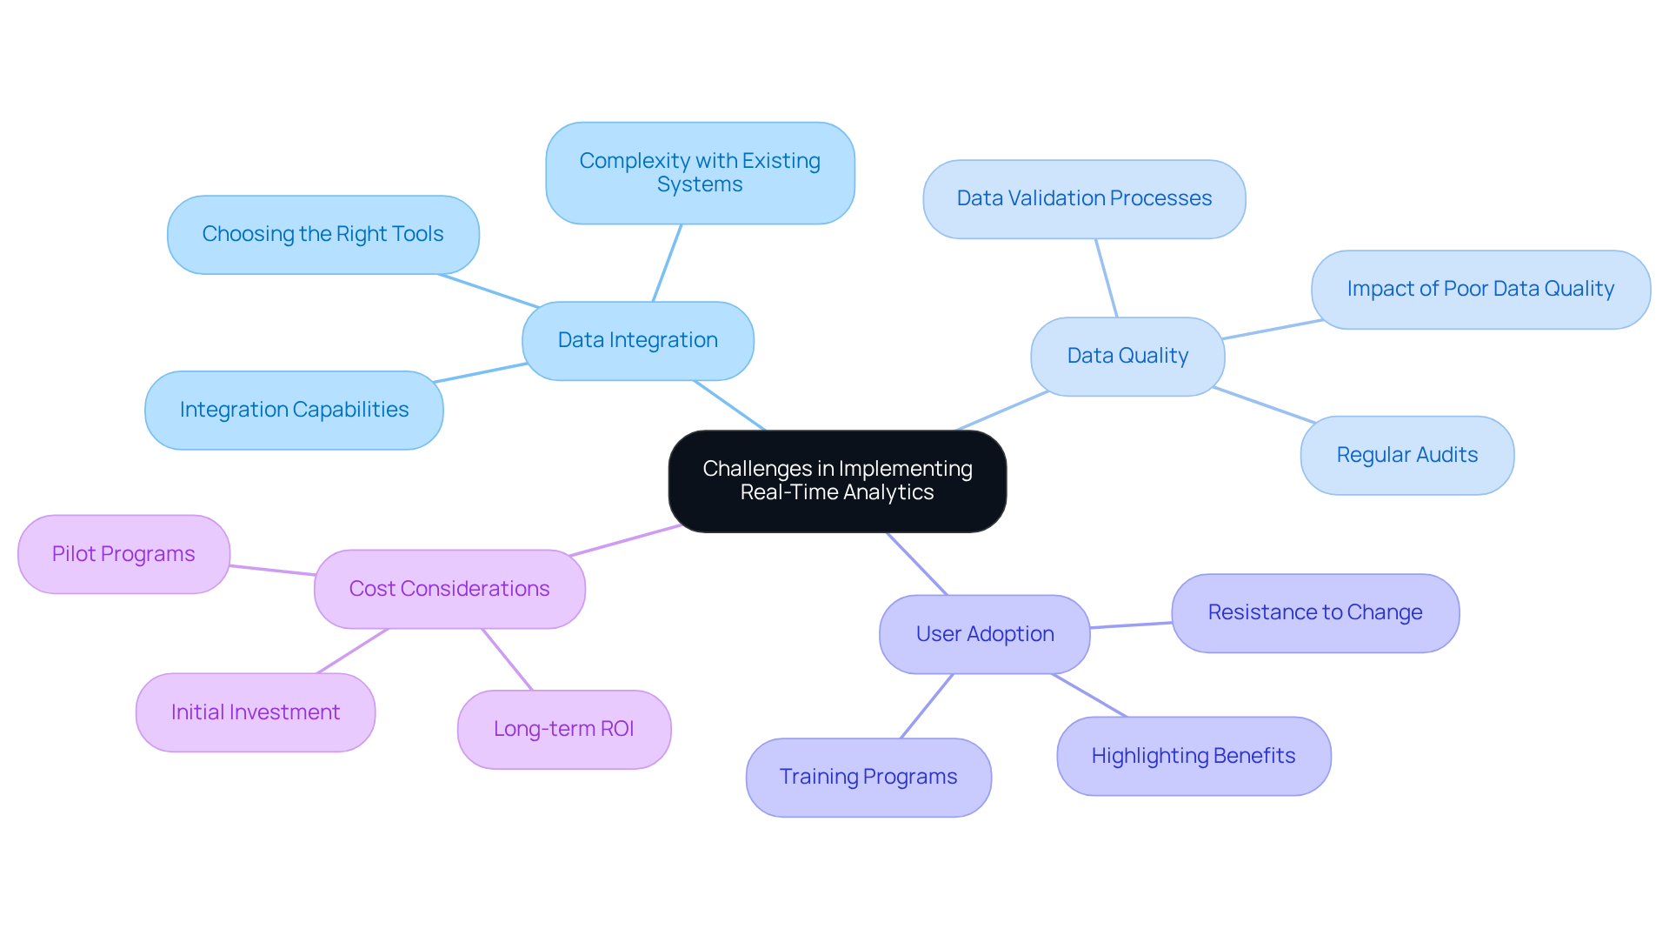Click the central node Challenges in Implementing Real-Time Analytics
pos(837,481)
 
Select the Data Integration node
pos(637,340)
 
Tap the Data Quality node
pos(1127,356)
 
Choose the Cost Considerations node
pos(449,589)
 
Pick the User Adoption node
pos(985,634)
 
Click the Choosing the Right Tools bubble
pos(322,234)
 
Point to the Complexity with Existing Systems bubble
pos(700,172)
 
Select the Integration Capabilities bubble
pos(294,410)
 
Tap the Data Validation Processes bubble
pos(1084,198)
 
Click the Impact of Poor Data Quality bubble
pos(1480,289)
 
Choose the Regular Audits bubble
pos(1407,455)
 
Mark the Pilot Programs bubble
pos(123,554)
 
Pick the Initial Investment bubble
pos(256,712)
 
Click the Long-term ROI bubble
pos(564,729)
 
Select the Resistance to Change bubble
pos(1315,612)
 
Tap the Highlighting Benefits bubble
pos(1194,756)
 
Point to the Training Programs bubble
pos(868,777)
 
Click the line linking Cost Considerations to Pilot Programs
pos(272,570)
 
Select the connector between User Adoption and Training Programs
pos(927,705)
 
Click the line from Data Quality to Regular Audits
pos(1265,405)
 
